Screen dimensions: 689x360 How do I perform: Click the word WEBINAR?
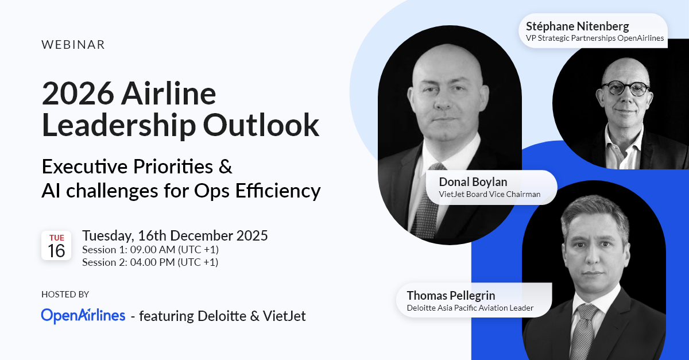click(73, 45)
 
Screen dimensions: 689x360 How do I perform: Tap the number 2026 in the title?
click(78, 94)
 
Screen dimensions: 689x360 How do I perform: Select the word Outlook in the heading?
click(261, 125)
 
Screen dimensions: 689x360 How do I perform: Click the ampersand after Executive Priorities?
click(226, 167)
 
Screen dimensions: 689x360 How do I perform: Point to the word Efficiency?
click(278, 191)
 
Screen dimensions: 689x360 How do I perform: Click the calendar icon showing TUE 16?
click(56, 246)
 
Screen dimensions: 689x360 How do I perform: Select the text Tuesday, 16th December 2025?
click(175, 235)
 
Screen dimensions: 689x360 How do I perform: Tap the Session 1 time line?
click(150, 250)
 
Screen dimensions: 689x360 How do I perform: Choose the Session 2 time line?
click(150, 262)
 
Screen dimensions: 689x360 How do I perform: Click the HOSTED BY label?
click(65, 295)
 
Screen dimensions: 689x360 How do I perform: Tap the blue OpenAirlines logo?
click(83, 316)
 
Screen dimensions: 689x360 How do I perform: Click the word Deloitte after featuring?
click(222, 316)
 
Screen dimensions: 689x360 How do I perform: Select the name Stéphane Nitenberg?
click(578, 26)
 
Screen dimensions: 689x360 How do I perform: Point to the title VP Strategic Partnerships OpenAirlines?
click(595, 38)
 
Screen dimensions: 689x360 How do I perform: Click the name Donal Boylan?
click(473, 182)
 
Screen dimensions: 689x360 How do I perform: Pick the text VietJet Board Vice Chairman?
click(490, 194)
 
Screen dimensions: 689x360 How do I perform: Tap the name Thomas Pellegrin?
click(451, 295)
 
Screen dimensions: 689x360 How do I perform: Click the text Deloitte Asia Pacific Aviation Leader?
click(470, 308)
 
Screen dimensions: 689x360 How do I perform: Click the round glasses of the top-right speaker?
click(625, 89)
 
